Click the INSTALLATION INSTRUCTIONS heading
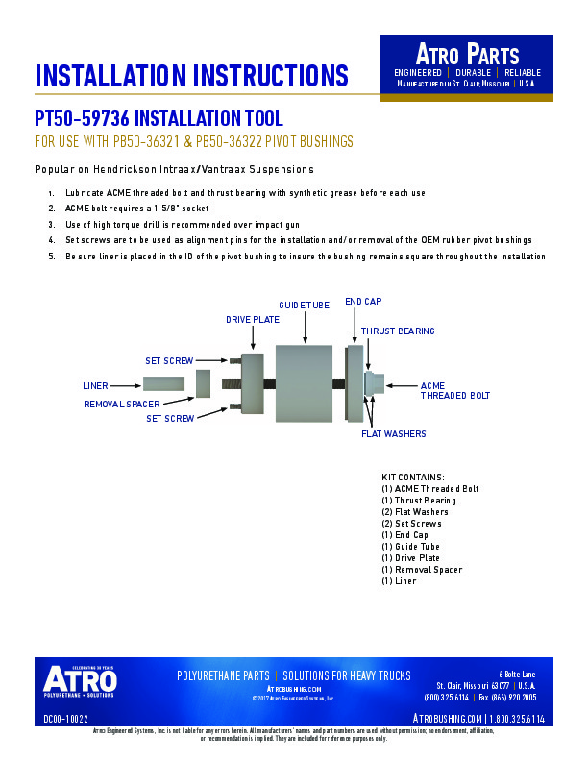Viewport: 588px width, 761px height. pos(191,75)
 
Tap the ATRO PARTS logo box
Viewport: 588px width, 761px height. pos(467,64)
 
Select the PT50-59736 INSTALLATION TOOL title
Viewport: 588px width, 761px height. pos(159,120)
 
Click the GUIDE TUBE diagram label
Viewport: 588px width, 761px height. pos(304,306)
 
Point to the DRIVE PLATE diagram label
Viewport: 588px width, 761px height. pos(252,319)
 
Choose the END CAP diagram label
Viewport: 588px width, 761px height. pos(363,302)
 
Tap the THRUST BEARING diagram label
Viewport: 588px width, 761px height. pos(397,331)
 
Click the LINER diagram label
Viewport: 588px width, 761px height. pos(95,385)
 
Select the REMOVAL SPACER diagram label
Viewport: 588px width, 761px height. pos(121,405)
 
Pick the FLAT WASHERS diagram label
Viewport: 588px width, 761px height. pos(393,434)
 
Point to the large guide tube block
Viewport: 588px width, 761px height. pos(304,384)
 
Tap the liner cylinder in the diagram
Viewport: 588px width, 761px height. pos(164,384)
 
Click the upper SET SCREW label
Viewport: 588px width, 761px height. pos(169,361)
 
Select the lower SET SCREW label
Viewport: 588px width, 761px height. pos(170,419)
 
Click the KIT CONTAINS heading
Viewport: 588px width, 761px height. pos(413,478)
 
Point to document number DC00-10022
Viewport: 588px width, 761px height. pos(66,718)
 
